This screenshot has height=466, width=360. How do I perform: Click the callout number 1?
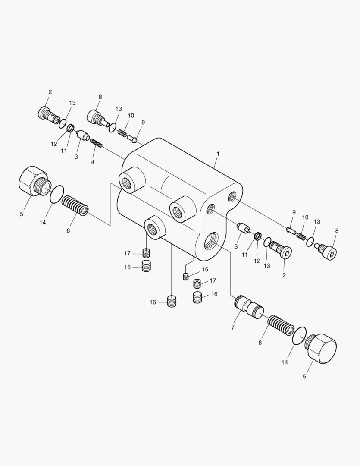click(x=218, y=154)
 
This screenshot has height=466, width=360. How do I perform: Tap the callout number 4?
click(x=93, y=162)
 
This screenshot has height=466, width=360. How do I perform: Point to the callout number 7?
click(x=232, y=327)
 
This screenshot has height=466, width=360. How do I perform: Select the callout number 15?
click(x=205, y=270)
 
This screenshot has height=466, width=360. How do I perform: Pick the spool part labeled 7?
click(x=249, y=307)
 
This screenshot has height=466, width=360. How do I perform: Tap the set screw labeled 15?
click(x=186, y=277)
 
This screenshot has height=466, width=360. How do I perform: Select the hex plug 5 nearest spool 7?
click(x=321, y=349)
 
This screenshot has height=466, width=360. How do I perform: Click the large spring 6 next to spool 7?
click(x=281, y=325)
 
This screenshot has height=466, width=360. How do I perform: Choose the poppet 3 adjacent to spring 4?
click(x=83, y=135)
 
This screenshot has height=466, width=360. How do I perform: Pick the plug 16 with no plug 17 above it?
click(x=172, y=301)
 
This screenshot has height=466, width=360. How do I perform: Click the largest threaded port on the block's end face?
click(x=212, y=240)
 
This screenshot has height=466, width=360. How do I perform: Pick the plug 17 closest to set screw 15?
click(x=197, y=283)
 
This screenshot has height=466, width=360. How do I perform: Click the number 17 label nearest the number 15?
click(x=213, y=280)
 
